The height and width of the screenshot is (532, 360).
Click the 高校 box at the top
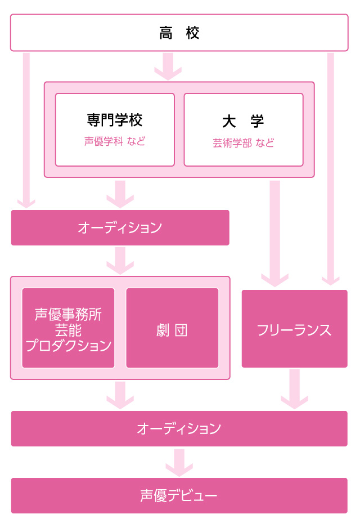click(179, 33)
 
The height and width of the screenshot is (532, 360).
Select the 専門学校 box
click(115, 129)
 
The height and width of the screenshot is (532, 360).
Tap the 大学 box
click(243, 129)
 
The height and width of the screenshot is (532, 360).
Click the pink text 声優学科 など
click(115, 141)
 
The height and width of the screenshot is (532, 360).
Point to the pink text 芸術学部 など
click(243, 143)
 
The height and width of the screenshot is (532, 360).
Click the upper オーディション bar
click(120, 227)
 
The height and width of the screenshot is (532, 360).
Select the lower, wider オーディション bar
click(179, 428)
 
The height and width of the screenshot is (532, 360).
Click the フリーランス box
click(294, 329)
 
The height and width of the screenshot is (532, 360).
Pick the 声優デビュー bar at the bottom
click(179, 495)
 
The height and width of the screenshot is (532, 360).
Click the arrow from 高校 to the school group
click(168, 66)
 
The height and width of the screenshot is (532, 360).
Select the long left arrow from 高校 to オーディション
click(26, 129)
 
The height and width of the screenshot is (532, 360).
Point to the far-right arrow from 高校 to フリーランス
click(330, 169)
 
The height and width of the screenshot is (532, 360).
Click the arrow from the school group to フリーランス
click(274, 231)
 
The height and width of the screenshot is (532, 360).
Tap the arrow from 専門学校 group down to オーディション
click(120, 194)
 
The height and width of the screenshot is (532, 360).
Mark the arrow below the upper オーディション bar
click(120, 260)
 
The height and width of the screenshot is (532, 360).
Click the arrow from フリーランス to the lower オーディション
click(294, 388)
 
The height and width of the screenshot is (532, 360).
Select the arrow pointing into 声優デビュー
click(179, 462)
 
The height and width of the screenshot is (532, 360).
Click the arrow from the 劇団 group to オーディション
click(120, 395)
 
